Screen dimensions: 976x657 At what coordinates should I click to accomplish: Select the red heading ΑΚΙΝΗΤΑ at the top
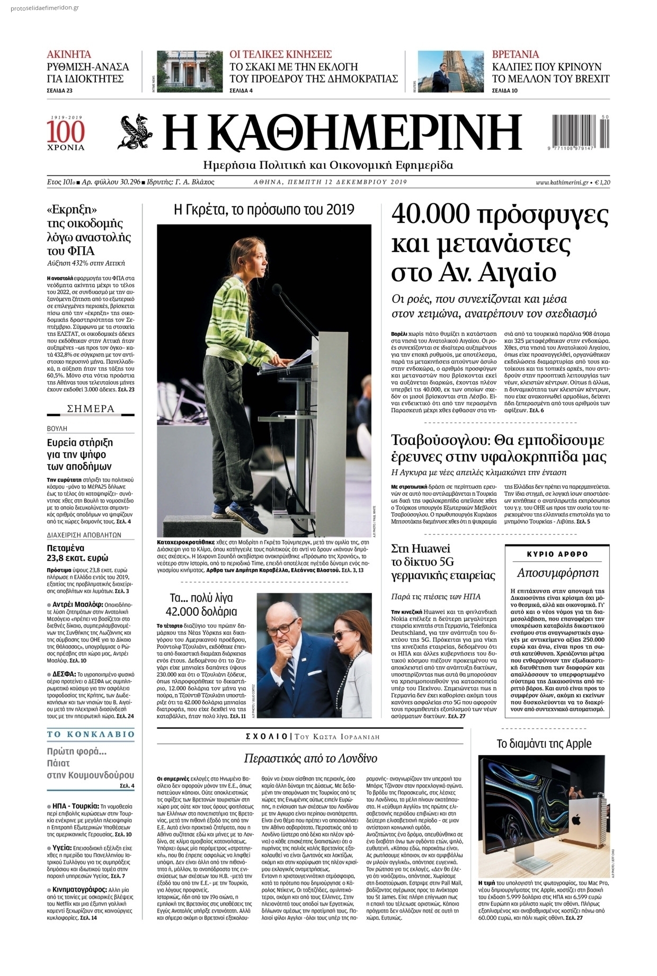point(69,54)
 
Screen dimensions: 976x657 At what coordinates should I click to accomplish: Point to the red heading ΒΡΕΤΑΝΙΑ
point(516,54)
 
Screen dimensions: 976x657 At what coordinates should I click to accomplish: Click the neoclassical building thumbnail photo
point(190,71)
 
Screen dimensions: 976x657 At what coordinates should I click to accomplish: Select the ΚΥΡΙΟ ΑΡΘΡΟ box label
point(557,554)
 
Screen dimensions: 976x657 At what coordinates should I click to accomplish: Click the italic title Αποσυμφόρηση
point(557,572)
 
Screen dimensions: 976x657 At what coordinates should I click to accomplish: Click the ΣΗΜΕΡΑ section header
point(91,409)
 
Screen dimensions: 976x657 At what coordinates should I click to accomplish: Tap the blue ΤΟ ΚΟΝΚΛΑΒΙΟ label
point(91,735)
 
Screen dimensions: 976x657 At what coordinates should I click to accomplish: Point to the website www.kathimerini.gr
point(562,182)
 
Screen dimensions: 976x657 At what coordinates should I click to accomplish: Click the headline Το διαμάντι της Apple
point(544,744)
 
